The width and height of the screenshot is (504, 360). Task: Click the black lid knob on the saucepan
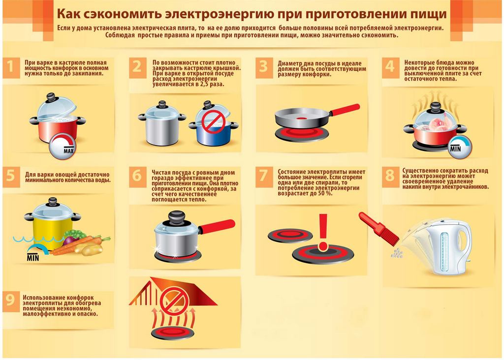(173, 216)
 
